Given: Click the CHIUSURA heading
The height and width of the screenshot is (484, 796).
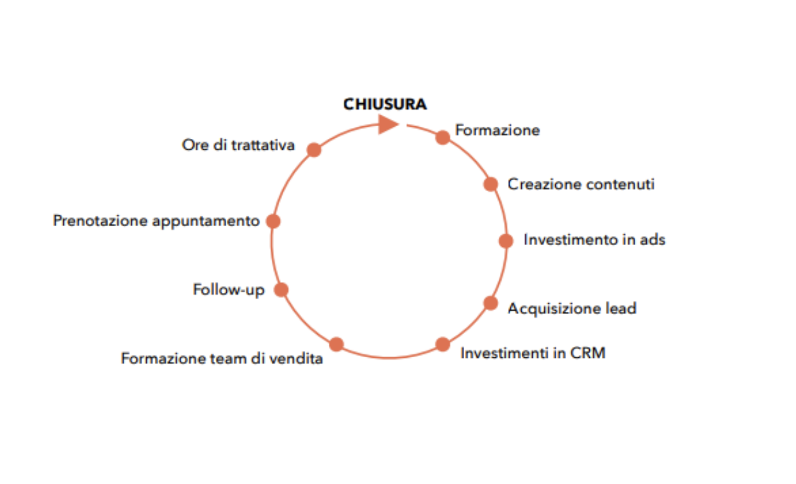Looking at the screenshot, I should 385,104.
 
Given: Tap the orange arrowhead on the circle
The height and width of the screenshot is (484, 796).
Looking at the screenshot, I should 387,124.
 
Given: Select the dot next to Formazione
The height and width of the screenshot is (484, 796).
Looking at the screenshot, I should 443,137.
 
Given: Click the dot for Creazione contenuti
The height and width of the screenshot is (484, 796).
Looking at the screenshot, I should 491,184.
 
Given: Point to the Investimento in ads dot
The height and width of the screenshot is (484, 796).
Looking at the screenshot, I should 506,241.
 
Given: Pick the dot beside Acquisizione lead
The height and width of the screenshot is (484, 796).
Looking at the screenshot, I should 491,303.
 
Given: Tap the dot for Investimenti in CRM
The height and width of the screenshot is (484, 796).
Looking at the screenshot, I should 443,345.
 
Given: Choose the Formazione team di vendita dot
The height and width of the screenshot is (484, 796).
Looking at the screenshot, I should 337,345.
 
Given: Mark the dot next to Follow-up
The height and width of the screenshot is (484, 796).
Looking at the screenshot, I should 281,290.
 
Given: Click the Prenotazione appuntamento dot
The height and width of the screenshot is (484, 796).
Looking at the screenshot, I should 274,221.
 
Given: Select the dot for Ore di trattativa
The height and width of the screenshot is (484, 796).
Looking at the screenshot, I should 314,150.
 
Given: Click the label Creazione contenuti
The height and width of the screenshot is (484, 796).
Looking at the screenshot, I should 581,184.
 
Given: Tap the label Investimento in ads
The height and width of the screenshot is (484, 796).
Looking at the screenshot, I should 594,240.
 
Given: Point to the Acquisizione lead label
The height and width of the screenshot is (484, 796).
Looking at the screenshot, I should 572,308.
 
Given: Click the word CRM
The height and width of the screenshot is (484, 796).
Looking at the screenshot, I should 588,352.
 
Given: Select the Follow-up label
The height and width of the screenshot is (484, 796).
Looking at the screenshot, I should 229,290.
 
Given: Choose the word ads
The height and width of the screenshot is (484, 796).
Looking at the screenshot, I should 652,240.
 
